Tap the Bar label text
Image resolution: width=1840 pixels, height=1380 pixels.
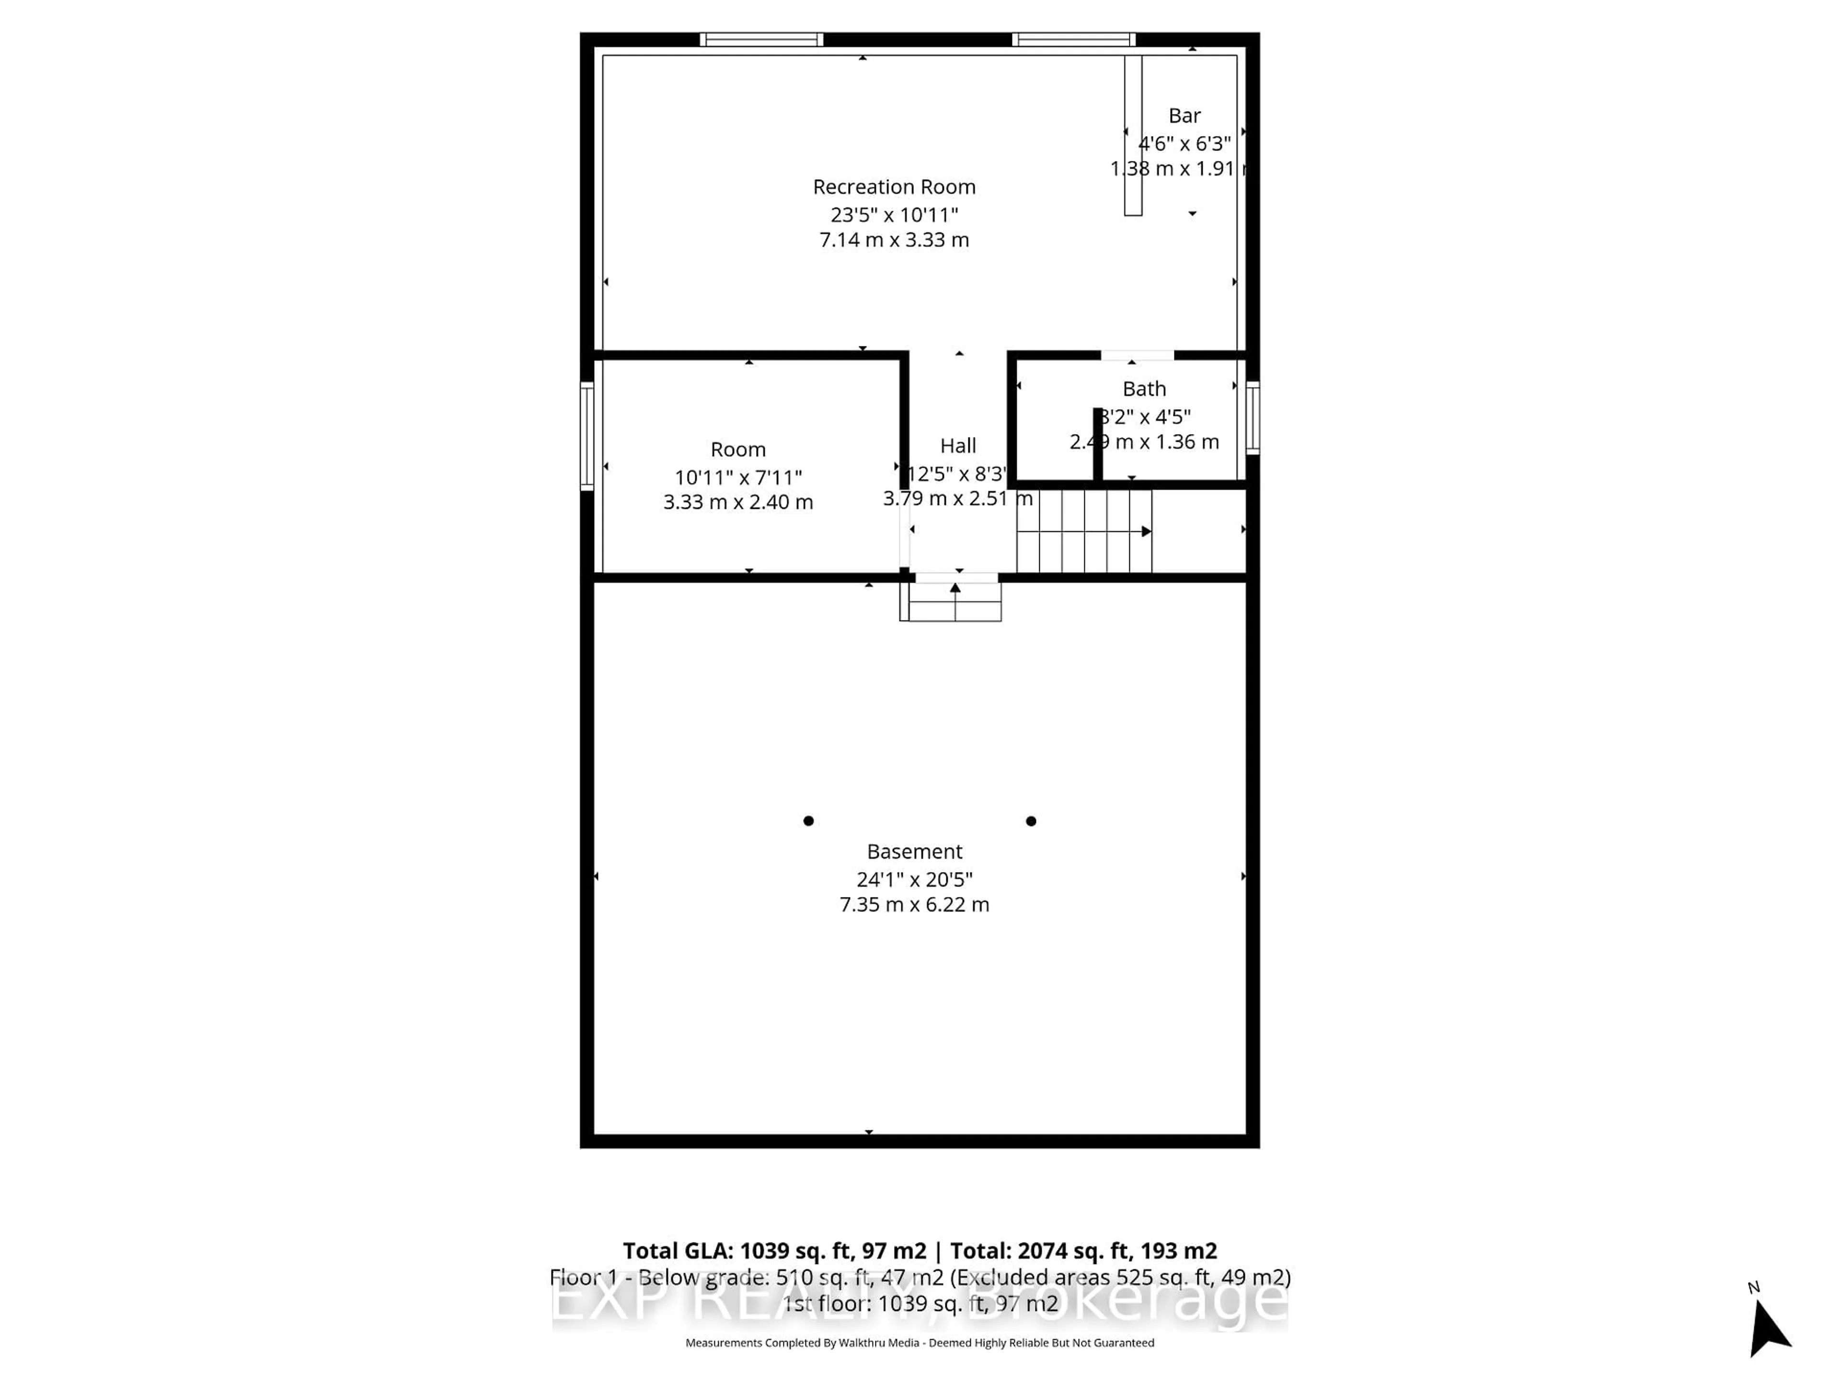1184,115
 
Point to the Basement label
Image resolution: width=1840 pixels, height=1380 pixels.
914,852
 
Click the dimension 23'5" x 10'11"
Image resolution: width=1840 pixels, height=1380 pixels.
894,215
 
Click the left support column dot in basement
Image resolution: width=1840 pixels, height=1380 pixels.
808,821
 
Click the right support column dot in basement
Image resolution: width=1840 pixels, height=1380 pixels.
1031,821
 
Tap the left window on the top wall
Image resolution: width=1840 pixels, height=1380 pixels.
761,39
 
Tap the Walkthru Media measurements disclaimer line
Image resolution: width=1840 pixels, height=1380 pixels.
919,1343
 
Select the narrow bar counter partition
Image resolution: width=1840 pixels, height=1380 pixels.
1133,136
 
